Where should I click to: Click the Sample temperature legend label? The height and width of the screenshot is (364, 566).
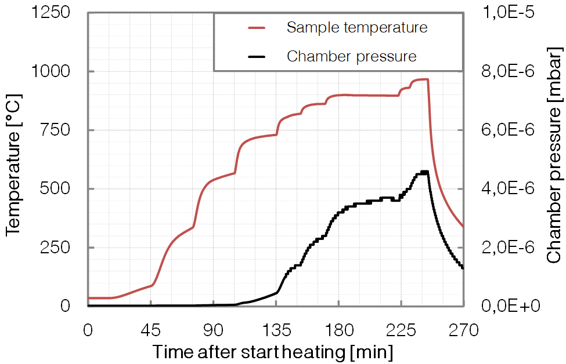[x=357, y=27]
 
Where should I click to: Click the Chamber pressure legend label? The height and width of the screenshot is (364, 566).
[x=351, y=56]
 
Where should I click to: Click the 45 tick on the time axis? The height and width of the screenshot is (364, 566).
[x=150, y=330]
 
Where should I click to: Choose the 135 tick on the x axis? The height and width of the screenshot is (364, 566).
[x=276, y=330]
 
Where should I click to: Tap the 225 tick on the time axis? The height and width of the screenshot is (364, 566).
[x=401, y=330]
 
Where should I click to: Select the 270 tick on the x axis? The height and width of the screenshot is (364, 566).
[x=463, y=330]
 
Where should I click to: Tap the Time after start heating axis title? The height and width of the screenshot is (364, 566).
[x=273, y=352]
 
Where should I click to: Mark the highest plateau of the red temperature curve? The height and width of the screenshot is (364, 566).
[x=420, y=79]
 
